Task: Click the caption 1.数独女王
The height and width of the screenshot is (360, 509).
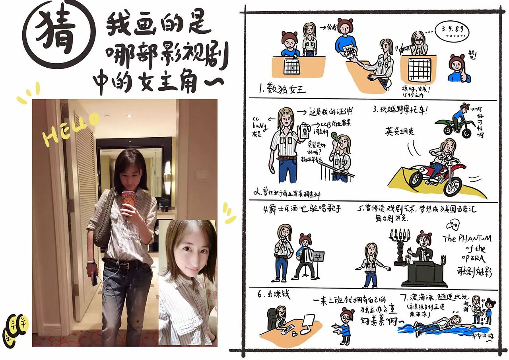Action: coord(282,89)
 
